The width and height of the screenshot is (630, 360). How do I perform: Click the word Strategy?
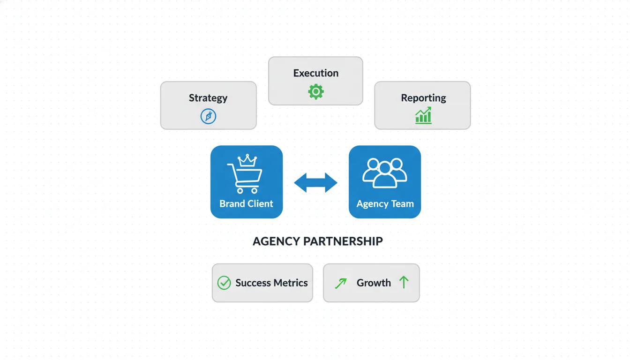pos(208,98)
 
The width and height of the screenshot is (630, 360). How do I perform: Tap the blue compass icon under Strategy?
pos(208,116)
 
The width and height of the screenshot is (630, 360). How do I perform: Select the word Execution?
pos(315,73)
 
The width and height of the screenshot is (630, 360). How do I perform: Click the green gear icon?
pos(315,91)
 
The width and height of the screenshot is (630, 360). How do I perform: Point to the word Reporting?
pos(423,98)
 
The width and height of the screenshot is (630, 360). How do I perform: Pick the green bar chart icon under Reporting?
pos(423,115)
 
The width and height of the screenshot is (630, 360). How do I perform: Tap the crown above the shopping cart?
pos(247,160)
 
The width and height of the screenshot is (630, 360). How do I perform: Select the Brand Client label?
pos(246,204)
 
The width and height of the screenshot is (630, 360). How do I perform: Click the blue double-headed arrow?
pos(315,183)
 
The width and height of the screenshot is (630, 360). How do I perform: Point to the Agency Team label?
pos(385,204)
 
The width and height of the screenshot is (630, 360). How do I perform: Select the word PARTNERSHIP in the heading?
pos(343,241)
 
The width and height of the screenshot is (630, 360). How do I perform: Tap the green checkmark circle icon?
pos(224,283)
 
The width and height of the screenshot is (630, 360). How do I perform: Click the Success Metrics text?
pos(271,283)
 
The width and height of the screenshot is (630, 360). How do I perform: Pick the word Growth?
pos(374,283)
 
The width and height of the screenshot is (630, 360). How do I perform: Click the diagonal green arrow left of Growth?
pos(341,283)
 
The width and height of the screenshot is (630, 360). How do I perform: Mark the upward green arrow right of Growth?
pos(404,282)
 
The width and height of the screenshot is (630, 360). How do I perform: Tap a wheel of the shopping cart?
pos(240,191)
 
